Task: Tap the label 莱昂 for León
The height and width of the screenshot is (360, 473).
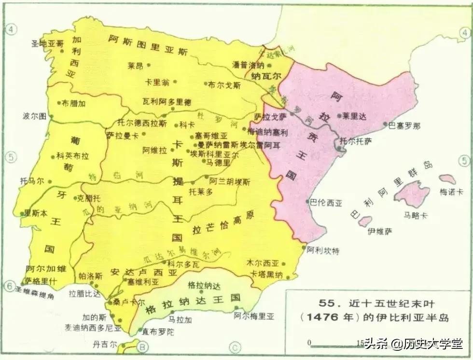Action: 136,65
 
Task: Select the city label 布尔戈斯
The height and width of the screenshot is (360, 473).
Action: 224,84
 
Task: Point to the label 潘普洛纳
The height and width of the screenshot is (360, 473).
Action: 248,65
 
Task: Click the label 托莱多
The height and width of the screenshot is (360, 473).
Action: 201,192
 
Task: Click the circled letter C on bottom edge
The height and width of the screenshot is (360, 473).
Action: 235,346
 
